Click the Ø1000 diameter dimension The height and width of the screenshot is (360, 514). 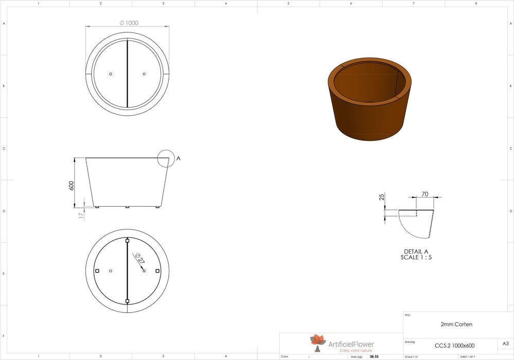(129, 23)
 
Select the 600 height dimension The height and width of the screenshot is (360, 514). (73, 185)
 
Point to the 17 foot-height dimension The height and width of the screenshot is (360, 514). (81, 216)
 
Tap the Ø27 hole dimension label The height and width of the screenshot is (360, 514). (138, 258)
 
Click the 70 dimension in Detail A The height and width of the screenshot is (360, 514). (425, 194)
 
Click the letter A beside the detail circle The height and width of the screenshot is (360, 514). (179, 158)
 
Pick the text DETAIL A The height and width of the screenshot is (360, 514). (416, 252)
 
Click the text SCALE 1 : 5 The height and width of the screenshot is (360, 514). (416, 258)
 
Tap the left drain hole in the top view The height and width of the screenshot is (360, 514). (111, 74)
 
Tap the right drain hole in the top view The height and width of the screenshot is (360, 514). (144, 74)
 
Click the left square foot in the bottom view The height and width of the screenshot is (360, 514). (97, 271)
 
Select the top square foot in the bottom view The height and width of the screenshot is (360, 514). (128, 240)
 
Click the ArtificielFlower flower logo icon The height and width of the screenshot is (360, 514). (318, 341)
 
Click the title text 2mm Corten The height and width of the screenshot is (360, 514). (456, 325)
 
